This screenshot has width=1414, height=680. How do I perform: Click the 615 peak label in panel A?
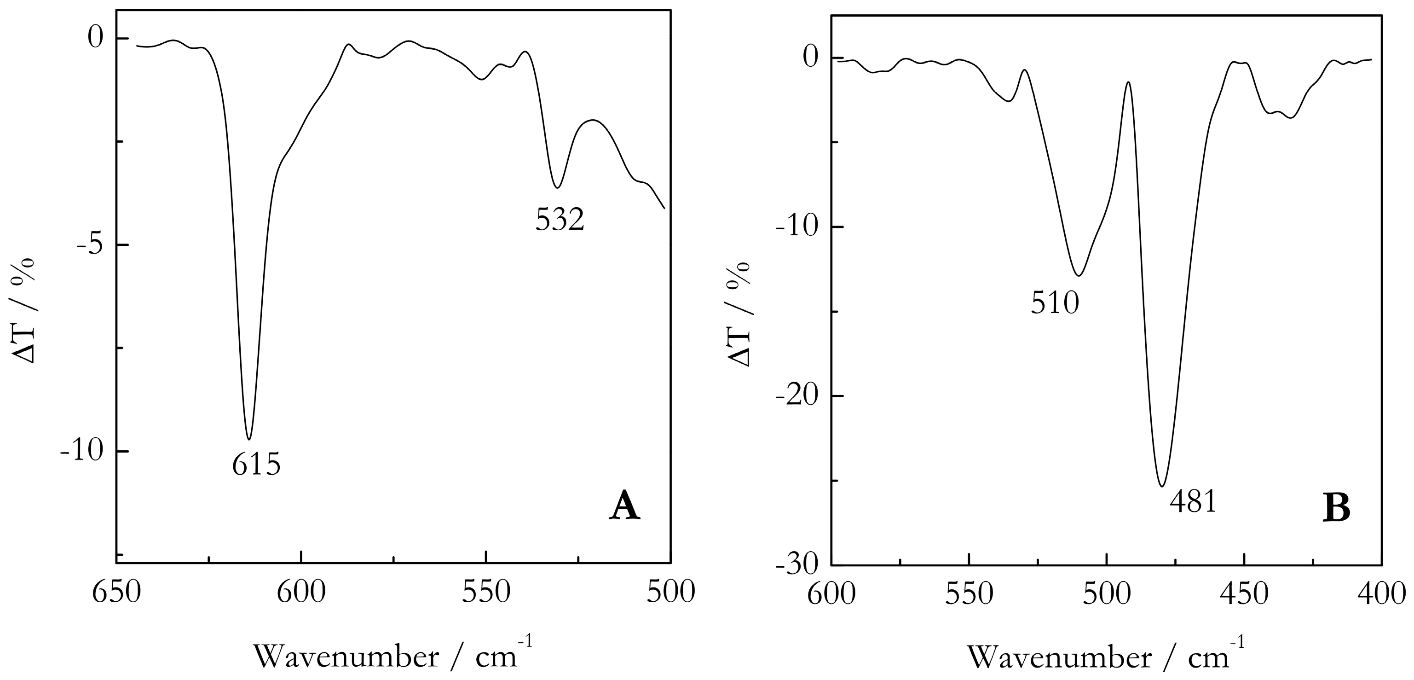click(x=256, y=465)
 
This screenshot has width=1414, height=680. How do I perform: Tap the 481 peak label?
click(x=1193, y=501)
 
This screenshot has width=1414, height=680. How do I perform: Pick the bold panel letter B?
click(x=1336, y=509)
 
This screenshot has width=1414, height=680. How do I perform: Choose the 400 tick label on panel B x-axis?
click(x=1382, y=594)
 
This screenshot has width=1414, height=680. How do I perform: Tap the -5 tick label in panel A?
click(x=91, y=244)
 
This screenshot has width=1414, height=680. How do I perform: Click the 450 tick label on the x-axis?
click(x=1244, y=594)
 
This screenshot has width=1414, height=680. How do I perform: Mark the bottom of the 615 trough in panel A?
click(x=249, y=439)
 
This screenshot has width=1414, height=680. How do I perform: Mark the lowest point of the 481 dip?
click(x=1162, y=486)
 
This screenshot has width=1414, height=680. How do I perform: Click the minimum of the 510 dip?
click(x=1079, y=276)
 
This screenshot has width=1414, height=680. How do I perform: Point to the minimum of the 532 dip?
click(x=557, y=187)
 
